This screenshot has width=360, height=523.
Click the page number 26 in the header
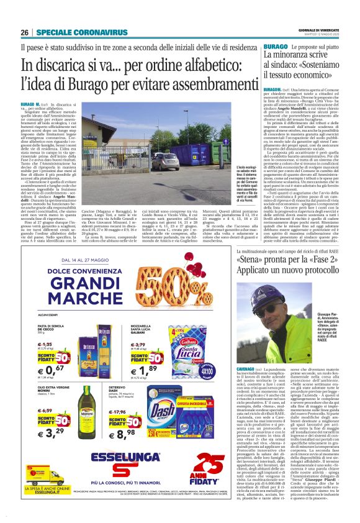coord(24,32)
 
